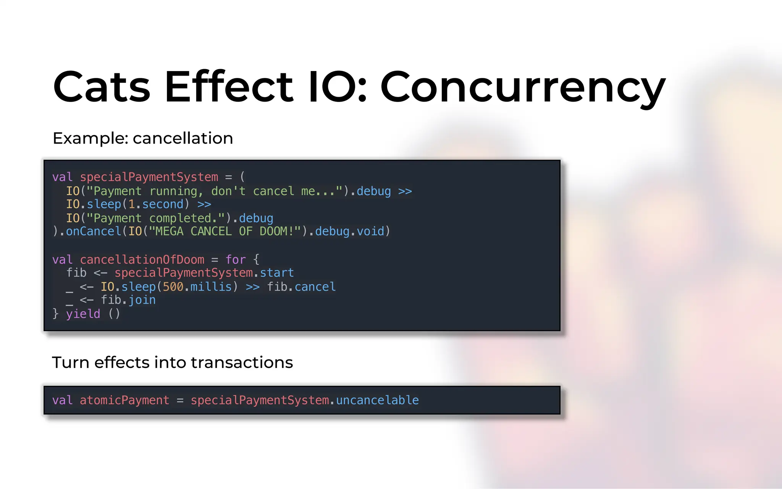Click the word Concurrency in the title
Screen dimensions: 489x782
pos(523,88)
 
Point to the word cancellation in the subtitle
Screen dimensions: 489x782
pos(183,138)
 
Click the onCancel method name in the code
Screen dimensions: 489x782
pos(93,232)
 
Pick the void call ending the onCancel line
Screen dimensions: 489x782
pos(370,232)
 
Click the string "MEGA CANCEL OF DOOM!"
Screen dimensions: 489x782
pos(225,232)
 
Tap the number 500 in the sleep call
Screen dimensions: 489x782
pos(173,287)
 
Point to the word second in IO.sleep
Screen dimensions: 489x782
pos(163,204)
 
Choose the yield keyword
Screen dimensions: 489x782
pos(83,314)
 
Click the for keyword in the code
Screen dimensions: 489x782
pos(235,260)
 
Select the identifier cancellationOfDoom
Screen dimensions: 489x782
pos(142,260)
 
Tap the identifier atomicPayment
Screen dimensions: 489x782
pos(124,400)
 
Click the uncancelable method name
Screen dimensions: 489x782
pos(377,400)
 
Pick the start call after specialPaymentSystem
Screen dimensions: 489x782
pos(277,273)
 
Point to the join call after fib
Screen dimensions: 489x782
pos(142,300)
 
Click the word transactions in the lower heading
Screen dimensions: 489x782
pos(242,363)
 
